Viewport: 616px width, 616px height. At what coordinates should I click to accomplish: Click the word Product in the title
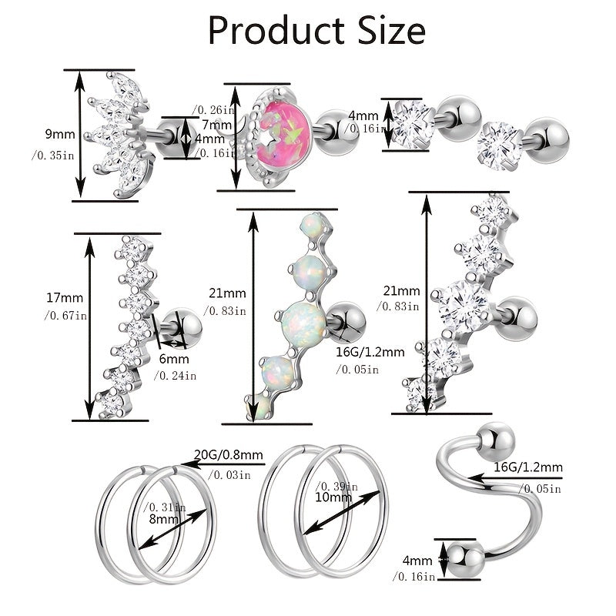pyautogui.click(x=276, y=31)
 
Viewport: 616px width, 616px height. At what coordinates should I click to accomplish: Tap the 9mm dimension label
pyautogui.click(x=60, y=134)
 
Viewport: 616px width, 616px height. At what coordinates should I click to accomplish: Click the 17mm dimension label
pyautogui.click(x=65, y=298)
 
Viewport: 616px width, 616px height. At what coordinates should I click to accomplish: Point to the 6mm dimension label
pyautogui.click(x=174, y=359)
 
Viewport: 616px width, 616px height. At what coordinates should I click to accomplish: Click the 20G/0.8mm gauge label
pyautogui.click(x=228, y=454)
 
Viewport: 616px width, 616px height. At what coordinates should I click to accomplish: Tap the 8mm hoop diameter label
pyautogui.click(x=164, y=519)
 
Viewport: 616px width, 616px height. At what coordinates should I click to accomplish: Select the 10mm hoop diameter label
pyautogui.click(x=333, y=497)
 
